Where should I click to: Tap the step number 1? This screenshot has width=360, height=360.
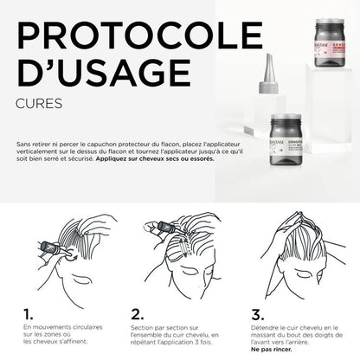tap(28, 313)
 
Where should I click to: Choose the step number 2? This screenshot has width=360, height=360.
tap(137, 313)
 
